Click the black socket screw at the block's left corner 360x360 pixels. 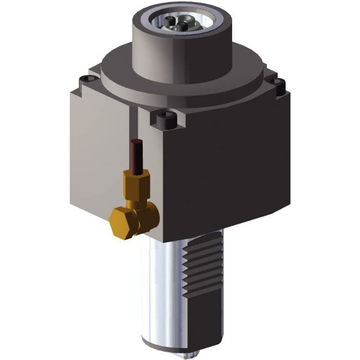pos(86,78)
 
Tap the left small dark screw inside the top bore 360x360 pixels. pos(169,20)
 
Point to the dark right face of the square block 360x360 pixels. pos(223,169)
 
